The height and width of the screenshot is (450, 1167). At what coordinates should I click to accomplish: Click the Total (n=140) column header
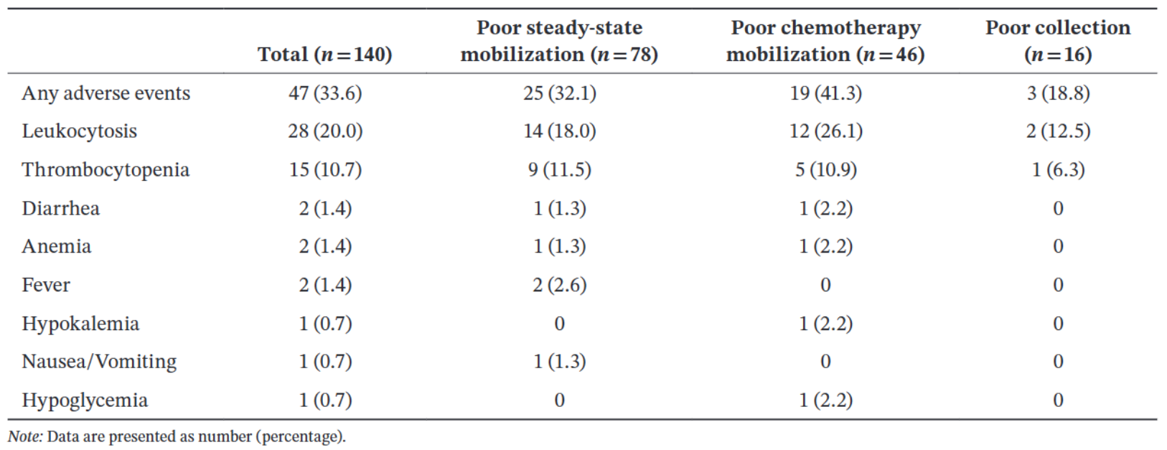(x=325, y=54)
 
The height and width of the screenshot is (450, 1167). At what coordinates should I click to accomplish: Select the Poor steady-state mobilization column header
(x=560, y=41)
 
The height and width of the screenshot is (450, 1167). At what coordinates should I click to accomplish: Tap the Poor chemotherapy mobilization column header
(x=826, y=41)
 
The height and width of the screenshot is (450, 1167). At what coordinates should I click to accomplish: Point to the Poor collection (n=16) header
(x=1058, y=41)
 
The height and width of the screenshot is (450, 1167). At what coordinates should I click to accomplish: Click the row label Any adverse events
(x=106, y=93)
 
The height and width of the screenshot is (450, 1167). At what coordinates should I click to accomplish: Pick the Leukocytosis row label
(x=79, y=131)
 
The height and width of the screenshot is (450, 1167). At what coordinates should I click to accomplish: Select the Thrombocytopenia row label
(x=106, y=170)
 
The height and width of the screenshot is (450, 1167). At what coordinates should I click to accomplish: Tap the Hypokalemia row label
(x=81, y=324)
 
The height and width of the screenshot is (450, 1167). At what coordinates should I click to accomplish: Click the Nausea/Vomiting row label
(x=100, y=362)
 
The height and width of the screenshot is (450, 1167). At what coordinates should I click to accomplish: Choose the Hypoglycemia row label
(x=85, y=400)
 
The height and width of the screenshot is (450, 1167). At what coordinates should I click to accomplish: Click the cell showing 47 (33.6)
(x=325, y=93)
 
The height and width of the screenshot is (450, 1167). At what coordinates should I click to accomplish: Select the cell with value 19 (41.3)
(x=826, y=93)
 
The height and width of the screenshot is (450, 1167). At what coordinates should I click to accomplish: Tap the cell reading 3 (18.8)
(x=1058, y=93)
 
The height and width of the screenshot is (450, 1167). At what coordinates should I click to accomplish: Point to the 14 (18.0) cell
(x=560, y=131)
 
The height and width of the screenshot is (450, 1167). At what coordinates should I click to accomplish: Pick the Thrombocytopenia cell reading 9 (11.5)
(x=560, y=170)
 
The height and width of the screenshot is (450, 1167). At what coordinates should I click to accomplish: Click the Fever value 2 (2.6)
(x=560, y=285)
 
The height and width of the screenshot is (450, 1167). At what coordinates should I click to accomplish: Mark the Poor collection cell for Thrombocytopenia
(x=1058, y=170)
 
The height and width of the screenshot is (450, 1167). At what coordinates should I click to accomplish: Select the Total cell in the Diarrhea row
(x=325, y=208)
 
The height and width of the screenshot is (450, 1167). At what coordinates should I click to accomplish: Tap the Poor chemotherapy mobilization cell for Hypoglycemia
(x=826, y=400)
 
